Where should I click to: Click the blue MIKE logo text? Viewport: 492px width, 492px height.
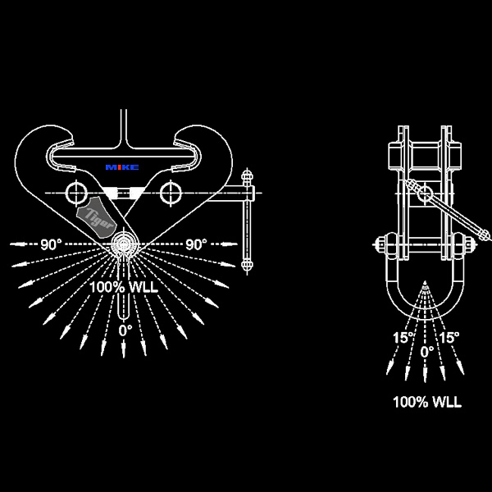point(122,167)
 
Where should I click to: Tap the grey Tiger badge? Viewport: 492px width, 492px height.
point(96,217)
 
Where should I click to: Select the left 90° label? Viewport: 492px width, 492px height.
point(51,244)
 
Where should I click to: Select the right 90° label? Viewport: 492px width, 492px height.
point(196,244)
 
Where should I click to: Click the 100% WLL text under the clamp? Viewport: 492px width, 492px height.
point(124,288)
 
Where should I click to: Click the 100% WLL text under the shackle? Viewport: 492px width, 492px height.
point(427,402)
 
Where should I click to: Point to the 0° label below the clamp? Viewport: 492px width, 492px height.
point(125,330)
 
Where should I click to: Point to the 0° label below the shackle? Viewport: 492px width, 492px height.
point(427,352)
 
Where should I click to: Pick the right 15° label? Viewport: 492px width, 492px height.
point(449,338)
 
